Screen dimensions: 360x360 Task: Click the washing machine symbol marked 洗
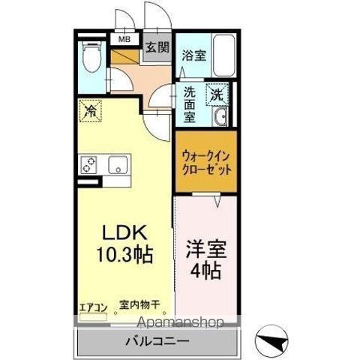[x=216, y=95]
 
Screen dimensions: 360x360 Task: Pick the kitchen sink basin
[x=117, y=163]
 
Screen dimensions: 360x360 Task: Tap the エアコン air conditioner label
[x=93, y=306]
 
